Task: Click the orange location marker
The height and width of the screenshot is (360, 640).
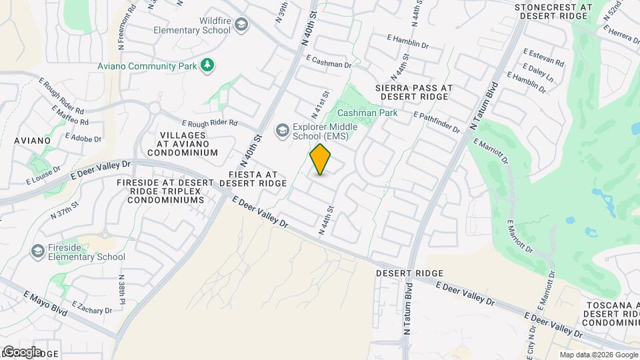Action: pyautogui.click(x=321, y=159)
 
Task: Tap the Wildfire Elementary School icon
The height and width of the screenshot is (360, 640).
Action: pyautogui.click(x=241, y=25)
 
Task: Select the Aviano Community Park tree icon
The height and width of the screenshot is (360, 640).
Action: pyautogui.click(x=209, y=65)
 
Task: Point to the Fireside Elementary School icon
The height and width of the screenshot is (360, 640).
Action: pyautogui.click(x=38, y=251)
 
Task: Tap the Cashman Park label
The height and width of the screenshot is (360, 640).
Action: pyautogui.click(x=367, y=113)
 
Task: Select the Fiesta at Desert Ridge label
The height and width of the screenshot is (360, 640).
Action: pyautogui.click(x=253, y=177)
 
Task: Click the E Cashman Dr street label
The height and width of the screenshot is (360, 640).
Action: pyautogui.click(x=329, y=62)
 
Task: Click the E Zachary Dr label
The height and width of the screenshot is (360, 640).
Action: pyautogui.click(x=92, y=307)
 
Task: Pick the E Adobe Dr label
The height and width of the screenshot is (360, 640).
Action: pyautogui.click(x=83, y=136)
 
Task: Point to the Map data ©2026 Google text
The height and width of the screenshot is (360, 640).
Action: pyautogui.click(x=598, y=355)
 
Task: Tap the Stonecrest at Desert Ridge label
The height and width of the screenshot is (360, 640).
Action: pyautogui.click(x=553, y=11)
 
